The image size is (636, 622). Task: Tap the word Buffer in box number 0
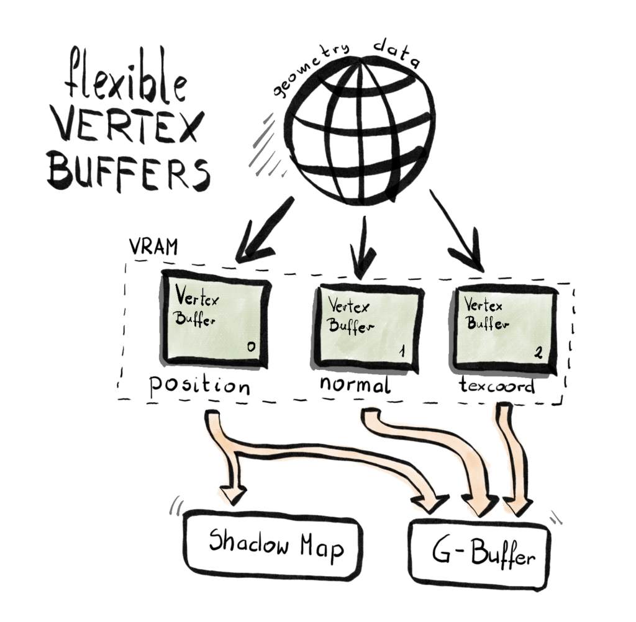[x=195, y=320]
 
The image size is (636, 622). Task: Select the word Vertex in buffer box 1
[x=348, y=306]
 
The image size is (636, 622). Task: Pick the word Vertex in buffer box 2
[x=484, y=305]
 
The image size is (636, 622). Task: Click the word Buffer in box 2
[x=488, y=323]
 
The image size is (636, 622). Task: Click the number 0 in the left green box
[x=250, y=346]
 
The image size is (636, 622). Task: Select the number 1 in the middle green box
[x=402, y=352]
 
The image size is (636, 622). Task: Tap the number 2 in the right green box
[x=538, y=353]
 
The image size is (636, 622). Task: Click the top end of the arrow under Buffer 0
[x=213, y=414]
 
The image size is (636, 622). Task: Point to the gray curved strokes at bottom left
[x=176, y=506]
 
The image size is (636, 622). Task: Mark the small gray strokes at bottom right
[x=555, y=516]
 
